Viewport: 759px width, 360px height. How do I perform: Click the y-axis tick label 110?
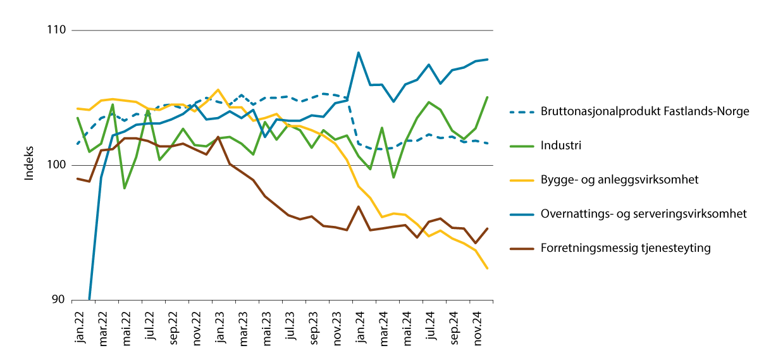click(59, 30)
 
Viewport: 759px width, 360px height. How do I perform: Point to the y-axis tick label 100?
click(59, 166)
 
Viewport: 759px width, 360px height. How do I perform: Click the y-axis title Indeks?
click(29, 165)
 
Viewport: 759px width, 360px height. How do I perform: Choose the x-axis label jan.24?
click(359, 327)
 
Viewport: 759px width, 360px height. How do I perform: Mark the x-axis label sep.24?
click(452, 327)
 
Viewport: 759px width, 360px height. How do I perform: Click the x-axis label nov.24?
click(475, 328)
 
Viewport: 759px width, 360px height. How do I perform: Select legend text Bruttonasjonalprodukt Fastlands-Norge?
click(645, 111)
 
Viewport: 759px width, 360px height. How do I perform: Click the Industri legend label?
click(560, 146)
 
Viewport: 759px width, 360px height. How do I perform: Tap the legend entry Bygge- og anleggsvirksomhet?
click(619, 180)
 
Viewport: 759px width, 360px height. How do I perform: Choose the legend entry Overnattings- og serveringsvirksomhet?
click(643, 214)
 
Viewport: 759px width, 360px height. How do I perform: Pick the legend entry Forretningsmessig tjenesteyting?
click(626, 248)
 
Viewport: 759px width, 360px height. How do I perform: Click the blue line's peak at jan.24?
click(359, 53)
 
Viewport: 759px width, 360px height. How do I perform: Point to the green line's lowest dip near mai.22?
click(125, 188)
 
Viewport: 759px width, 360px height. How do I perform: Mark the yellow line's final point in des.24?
click(487, 269)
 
